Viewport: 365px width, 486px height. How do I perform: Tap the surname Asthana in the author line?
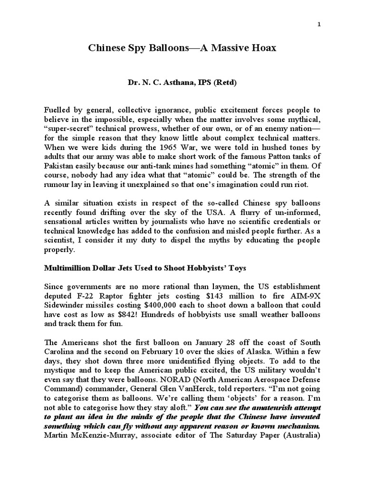(x=181, y=83)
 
